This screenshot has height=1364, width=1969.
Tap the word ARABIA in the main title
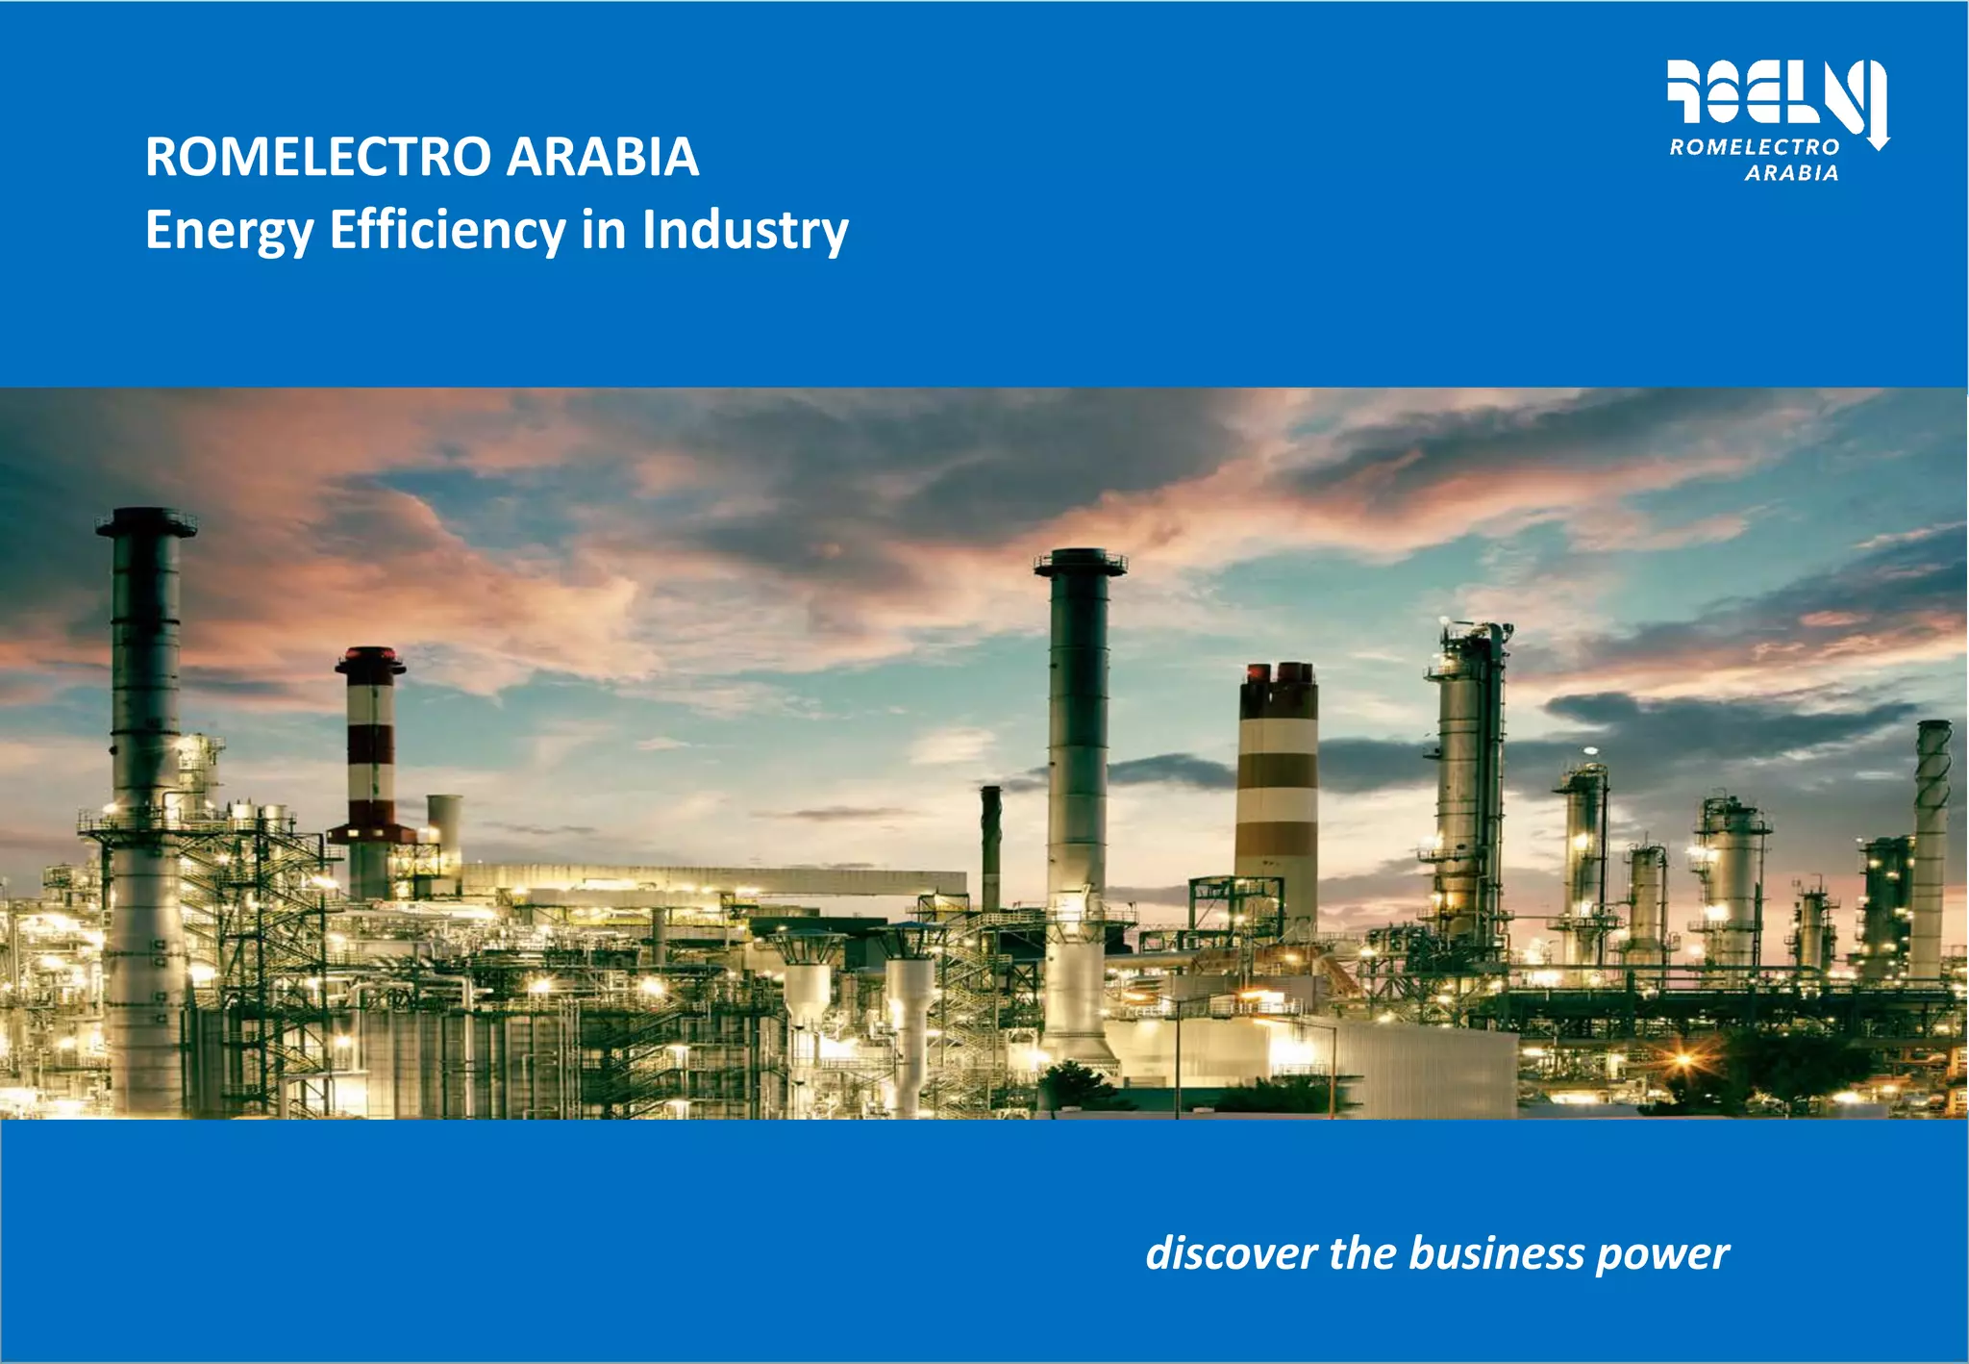tap(602, 157)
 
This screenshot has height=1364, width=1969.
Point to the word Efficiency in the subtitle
tap(447, 231)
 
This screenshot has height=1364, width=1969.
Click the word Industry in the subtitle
tap(745, 231)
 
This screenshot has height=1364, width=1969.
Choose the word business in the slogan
tap(1496, 1254)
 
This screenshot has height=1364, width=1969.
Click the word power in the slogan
tap(1662, 1254)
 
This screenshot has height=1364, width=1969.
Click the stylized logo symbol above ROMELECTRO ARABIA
tap(1774, 92)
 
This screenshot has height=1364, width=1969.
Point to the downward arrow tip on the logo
tap(1878, 144)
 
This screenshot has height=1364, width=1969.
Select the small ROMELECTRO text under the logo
tap(1755, 147)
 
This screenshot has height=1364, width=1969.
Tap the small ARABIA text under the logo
tap(1791, 173)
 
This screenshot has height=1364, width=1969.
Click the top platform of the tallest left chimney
tap(146, 522)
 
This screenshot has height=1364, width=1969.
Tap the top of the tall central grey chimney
tap(1081, 562)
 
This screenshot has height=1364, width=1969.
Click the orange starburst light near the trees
tap(1682, 1060)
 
